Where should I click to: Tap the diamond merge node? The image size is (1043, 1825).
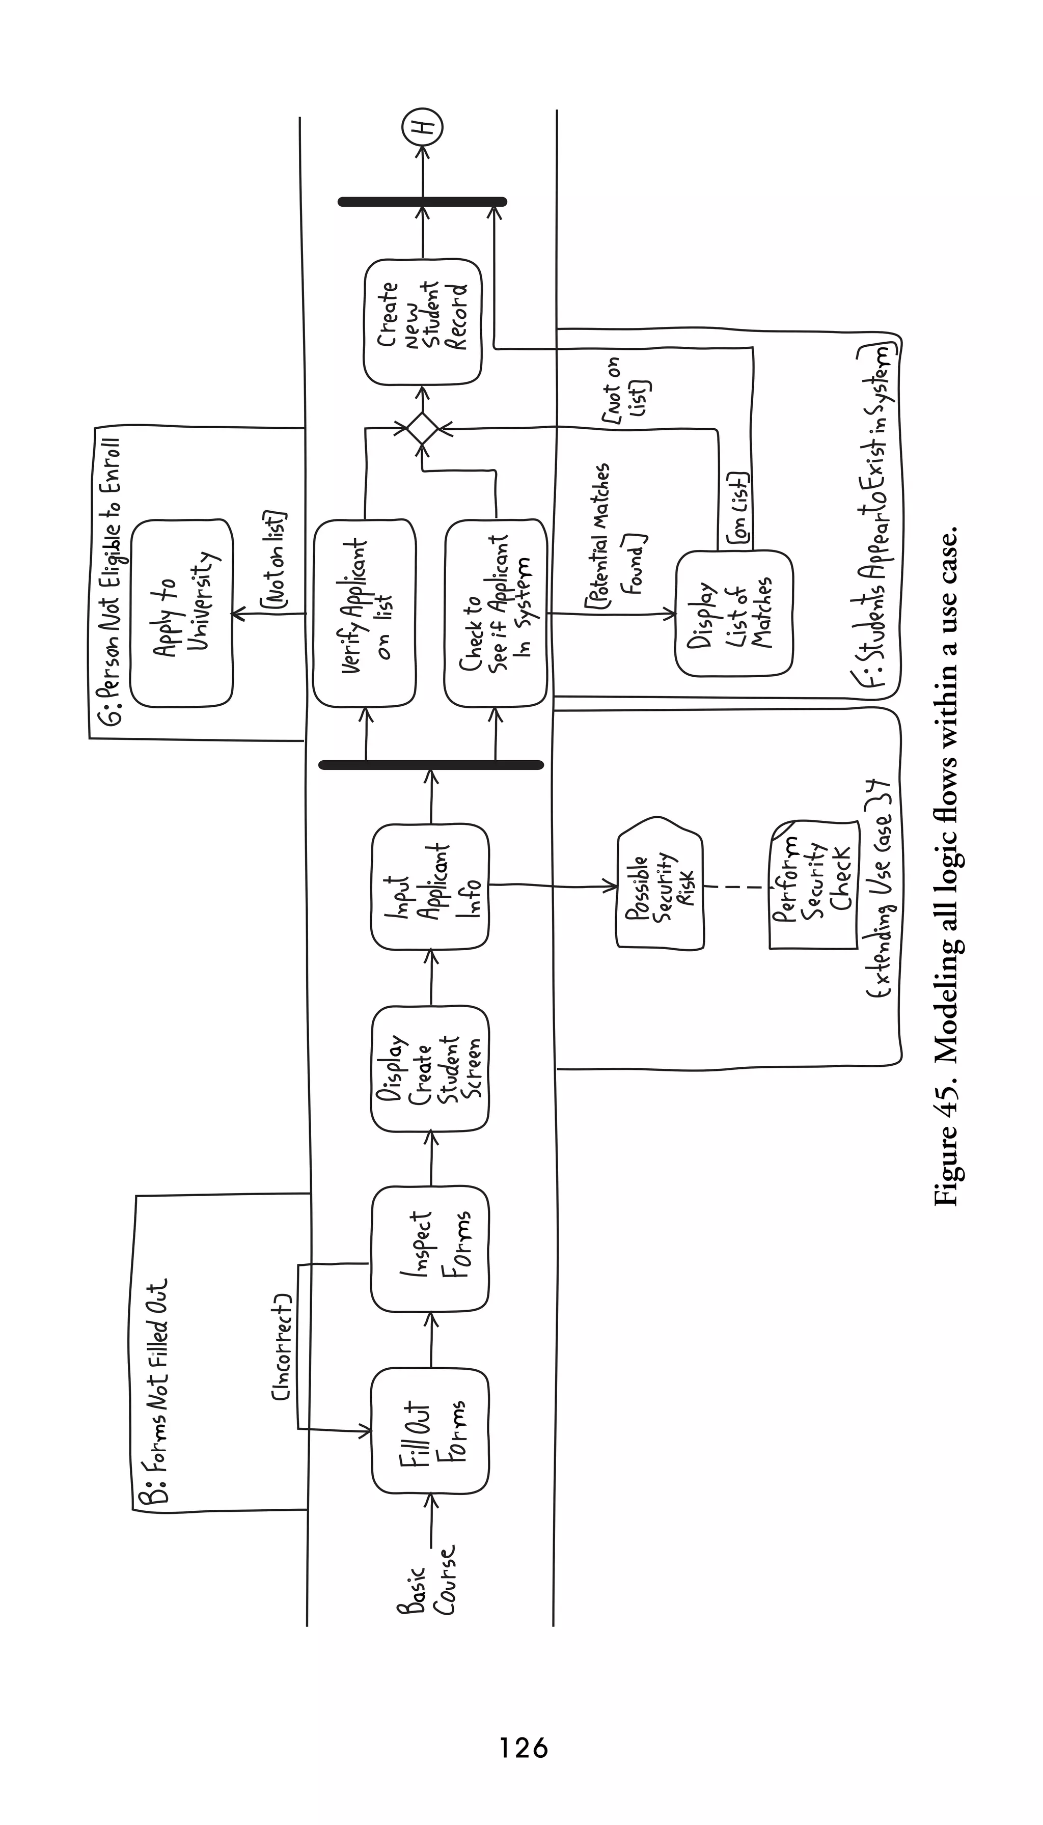click(x=422, y=429)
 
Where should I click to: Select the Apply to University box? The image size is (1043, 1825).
click(x=181, y=613)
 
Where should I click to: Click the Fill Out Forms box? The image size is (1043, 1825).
click(x=430, y=1430)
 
